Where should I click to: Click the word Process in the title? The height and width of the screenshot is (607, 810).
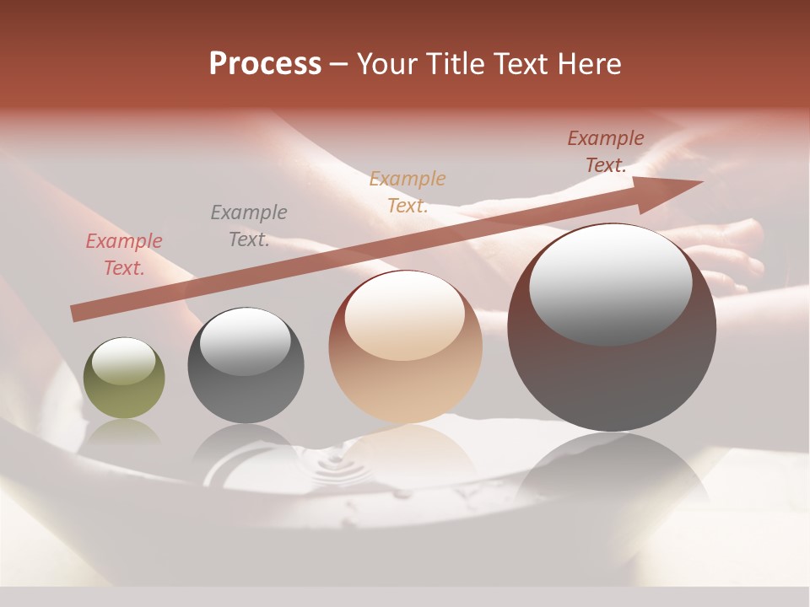coord(265,64)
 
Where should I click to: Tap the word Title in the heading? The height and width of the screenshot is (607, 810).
coord(458,64)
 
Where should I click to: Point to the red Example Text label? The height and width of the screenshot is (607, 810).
coord(123,255)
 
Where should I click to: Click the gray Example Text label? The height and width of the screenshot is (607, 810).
coord(248,226)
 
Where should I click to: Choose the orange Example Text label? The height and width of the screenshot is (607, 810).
coord(407,192)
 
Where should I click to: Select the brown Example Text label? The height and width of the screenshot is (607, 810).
coord(605,152)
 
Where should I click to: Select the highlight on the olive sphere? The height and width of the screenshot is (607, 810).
coord(124,361)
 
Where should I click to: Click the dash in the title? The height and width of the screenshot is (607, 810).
coord(339,64)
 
